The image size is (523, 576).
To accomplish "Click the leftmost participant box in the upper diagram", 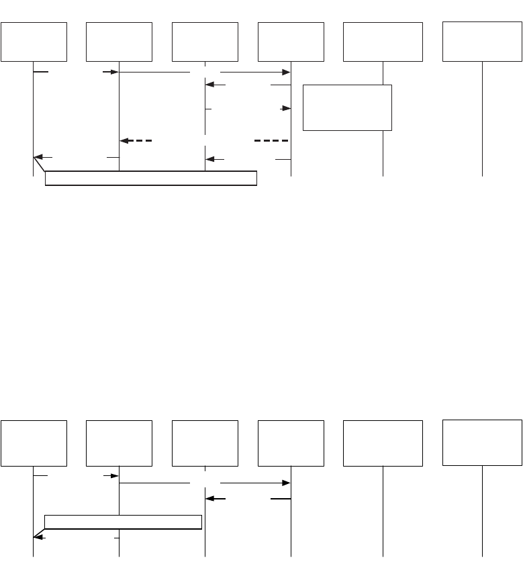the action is (34, 42).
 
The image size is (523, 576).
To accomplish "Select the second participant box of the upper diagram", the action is (120, 42).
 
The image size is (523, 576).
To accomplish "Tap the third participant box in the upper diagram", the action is (205, 42).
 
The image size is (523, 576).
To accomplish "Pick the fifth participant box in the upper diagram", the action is (383, 42).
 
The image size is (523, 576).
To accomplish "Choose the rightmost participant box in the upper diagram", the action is (482, 40).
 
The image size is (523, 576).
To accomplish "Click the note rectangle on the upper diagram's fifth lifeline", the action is (347, 107).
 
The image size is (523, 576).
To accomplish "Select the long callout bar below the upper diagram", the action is (151, 178).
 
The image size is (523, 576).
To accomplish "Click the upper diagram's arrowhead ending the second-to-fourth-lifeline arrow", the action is (286, 72).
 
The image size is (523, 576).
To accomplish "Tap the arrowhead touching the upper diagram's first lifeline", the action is (38, 158).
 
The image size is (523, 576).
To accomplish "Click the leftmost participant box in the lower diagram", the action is (34, 443).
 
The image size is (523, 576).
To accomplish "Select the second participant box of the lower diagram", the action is (120, 443).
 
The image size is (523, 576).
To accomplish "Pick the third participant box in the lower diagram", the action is (205, 443).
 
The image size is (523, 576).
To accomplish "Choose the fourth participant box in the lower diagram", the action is (291, 443).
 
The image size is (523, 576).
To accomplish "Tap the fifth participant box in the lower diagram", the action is (383, 443).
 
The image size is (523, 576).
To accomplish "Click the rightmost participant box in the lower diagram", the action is (482, 442).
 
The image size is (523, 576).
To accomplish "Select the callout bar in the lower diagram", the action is (123, 521).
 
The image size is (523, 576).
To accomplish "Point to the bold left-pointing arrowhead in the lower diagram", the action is (210, 499).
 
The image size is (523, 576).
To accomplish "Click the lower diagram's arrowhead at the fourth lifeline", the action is (286, 483).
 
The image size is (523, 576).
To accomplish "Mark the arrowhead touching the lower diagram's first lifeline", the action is (38, 538).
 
